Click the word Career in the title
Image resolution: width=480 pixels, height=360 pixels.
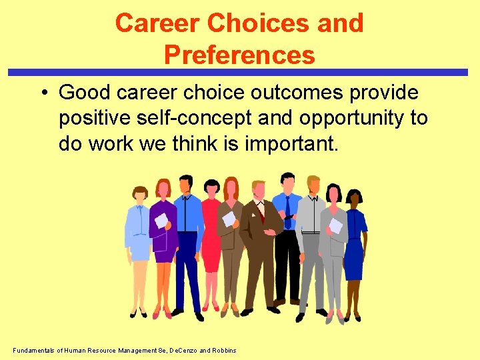[157, 23]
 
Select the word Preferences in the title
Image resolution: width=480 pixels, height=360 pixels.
[239, 55]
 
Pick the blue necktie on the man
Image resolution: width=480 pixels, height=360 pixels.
[288, 212]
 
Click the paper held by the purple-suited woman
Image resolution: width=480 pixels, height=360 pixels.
[161, 220]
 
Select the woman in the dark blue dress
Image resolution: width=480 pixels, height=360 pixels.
[353, 240]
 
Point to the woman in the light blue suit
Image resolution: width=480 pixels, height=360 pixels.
[139, 240]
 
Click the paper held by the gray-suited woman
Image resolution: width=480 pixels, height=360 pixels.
[336, 226]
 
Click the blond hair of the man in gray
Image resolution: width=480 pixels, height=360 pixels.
[313, 181]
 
